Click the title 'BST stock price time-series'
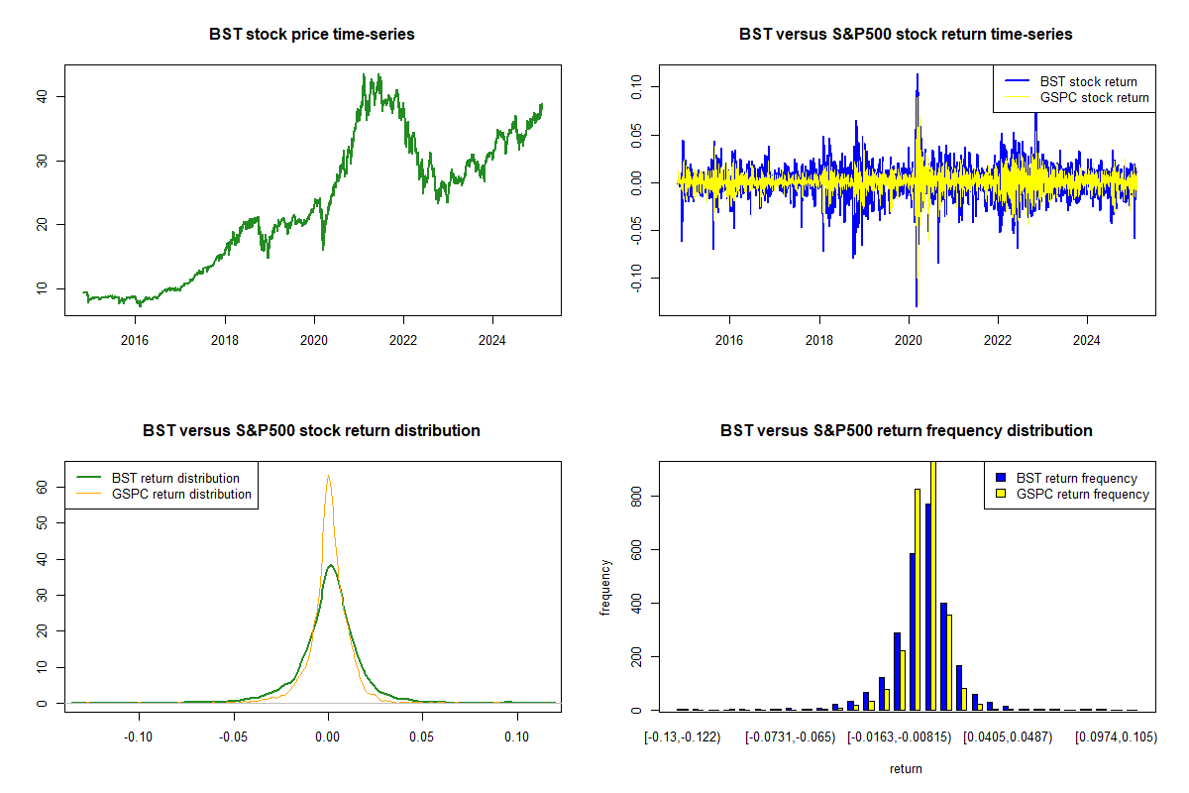pos(312,35)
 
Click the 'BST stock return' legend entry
pos(1088,81)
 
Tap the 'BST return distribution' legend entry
pos(175,478)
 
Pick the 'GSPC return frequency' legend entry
pos(1083,494)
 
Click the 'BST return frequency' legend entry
pos(1077,478)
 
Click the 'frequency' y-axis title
pos(606,586)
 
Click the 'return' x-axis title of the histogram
pos(906,768)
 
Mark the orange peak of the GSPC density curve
pos(328,477)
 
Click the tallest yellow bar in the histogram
pos(932,585)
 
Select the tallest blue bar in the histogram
pos(928,607)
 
